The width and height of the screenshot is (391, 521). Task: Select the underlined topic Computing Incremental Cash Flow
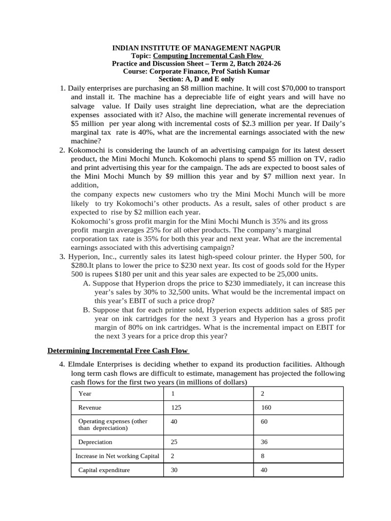208,56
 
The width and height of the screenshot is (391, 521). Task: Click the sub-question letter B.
87,310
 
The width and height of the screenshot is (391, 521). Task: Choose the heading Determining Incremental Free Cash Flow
118,351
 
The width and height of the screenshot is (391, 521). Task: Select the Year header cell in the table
85,394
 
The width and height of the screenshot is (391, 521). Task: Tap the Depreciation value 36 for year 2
264,442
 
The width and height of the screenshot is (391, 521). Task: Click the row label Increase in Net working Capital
117,456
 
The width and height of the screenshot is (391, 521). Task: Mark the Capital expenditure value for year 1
174,470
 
